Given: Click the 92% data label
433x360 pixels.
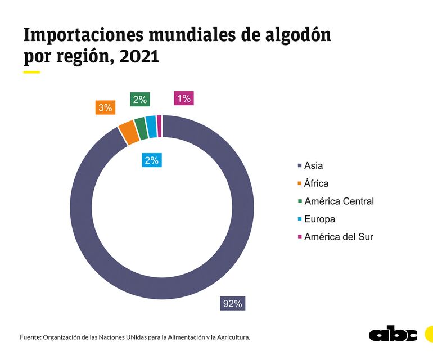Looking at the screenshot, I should click(232, 304).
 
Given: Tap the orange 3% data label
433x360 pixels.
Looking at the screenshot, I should click(105, 107).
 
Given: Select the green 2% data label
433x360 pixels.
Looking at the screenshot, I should click(140, 100).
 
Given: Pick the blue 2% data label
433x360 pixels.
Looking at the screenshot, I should click(151, 160).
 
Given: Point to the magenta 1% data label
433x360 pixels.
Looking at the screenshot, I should click(184, 99).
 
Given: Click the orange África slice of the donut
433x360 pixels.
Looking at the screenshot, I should click(128, 132).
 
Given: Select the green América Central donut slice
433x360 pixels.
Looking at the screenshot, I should click(141, 128).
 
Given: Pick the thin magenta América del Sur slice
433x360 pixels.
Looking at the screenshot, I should click(159, 125).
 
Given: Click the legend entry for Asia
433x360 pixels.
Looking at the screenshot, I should click(313, 165).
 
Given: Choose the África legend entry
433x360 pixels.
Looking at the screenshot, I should click(316, 183).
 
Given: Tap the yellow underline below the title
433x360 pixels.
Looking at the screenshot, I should click(31, 72).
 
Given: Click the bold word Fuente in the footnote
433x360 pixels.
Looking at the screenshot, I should click(30, 337).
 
